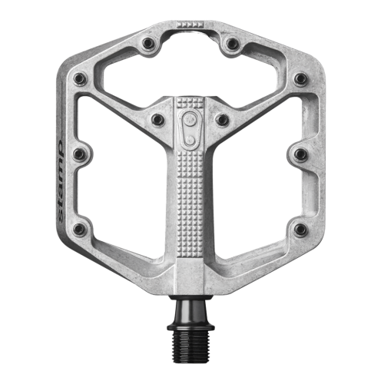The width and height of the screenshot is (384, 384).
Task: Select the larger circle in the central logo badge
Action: [190, 119]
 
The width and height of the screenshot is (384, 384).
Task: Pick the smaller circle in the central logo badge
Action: [190, 140]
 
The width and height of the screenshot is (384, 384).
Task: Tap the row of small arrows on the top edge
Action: [190, 25]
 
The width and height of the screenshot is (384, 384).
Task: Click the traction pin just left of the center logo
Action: [157, 119]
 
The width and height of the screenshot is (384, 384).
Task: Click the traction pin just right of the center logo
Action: [222, 119]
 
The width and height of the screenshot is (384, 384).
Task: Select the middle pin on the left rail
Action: [79, 154]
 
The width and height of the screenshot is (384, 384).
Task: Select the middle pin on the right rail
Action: [300, 154]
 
